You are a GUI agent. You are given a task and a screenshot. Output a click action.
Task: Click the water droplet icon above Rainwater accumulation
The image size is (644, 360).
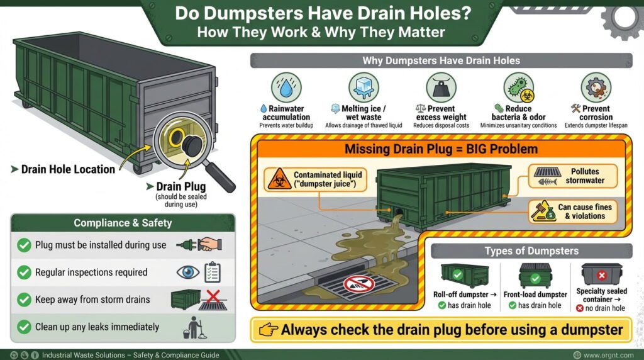coord(286,87)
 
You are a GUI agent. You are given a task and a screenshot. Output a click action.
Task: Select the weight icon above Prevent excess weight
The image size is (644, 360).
coord(441,87)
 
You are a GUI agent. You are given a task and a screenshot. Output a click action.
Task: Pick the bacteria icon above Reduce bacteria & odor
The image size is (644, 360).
coord(518,87)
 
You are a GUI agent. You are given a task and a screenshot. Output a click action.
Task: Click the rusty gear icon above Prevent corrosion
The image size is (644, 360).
coord(596,87)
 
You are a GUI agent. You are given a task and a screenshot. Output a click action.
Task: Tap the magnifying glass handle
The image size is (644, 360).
coord(221,179)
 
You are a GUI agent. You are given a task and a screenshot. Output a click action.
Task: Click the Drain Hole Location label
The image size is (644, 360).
coord(68,169)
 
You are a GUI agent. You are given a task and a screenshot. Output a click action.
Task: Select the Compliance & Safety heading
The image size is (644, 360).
coord(123,223)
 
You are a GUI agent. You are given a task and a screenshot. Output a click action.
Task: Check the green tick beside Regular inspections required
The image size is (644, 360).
coord(24,273)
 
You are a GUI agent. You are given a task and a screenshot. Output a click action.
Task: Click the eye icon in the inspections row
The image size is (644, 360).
coord(187,273)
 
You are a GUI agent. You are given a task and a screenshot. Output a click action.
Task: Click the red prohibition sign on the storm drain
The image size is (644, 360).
coord(359,284)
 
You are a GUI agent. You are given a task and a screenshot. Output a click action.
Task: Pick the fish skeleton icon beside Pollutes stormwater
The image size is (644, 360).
coord(546,176)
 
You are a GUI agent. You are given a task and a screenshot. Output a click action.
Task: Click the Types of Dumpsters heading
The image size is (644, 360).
coord(531,250)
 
